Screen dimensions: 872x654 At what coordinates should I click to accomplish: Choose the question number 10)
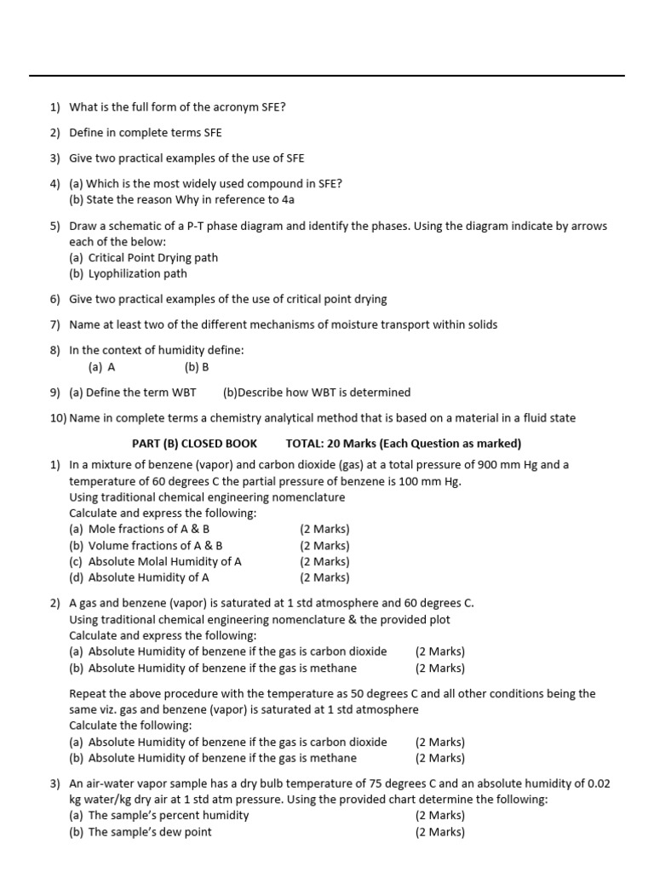(x=58, y=418)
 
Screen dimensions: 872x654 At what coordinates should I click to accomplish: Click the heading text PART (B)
(x=157, y=444)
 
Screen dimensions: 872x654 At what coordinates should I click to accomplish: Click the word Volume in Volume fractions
(x=109, y=546)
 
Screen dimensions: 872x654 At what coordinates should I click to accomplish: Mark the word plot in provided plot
(x=439, y=620)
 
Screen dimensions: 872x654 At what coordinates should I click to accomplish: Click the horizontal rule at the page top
(x=327, y=76)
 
